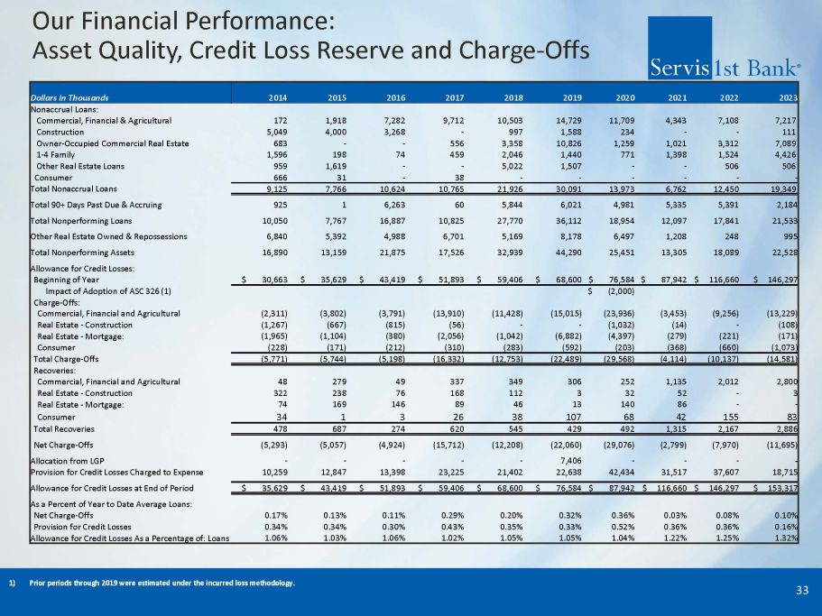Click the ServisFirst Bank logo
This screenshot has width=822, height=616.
coord(725,66)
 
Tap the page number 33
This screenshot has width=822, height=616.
coord(802,590)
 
